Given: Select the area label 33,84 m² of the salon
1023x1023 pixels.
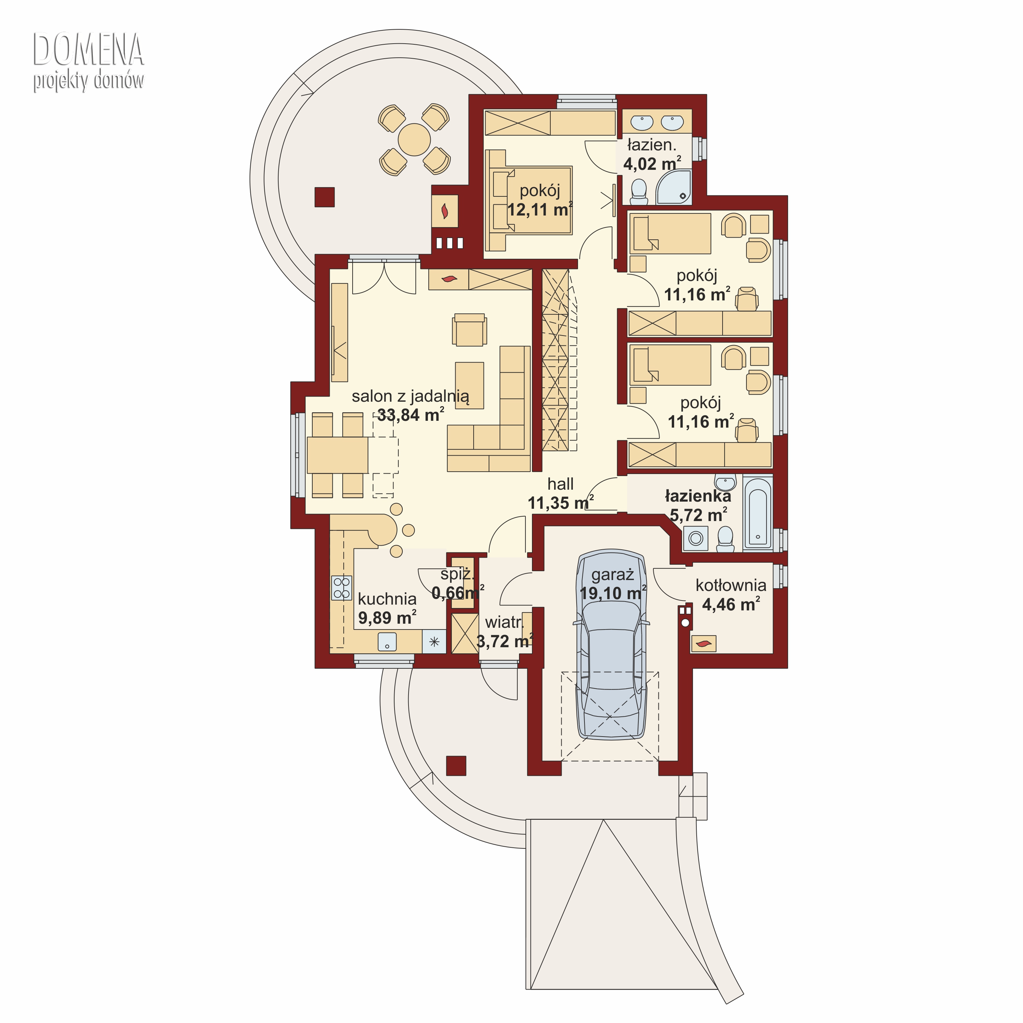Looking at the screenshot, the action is point(410,415).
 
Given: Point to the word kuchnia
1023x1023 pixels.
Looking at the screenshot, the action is point(387,599).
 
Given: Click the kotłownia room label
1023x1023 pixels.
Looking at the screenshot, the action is point(731,585).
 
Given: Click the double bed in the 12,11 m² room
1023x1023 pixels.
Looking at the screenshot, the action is point(530,201).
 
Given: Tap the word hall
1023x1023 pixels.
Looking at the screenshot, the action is point(560,484).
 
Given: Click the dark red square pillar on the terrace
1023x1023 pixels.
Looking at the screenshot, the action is point(325,197).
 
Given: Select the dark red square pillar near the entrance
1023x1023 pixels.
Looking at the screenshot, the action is point(456,766).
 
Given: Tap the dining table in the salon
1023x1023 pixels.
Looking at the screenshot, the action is point(337,455).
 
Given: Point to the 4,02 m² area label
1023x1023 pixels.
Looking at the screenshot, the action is point(652,164).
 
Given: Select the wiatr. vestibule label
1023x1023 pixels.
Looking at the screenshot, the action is point(504,622).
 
